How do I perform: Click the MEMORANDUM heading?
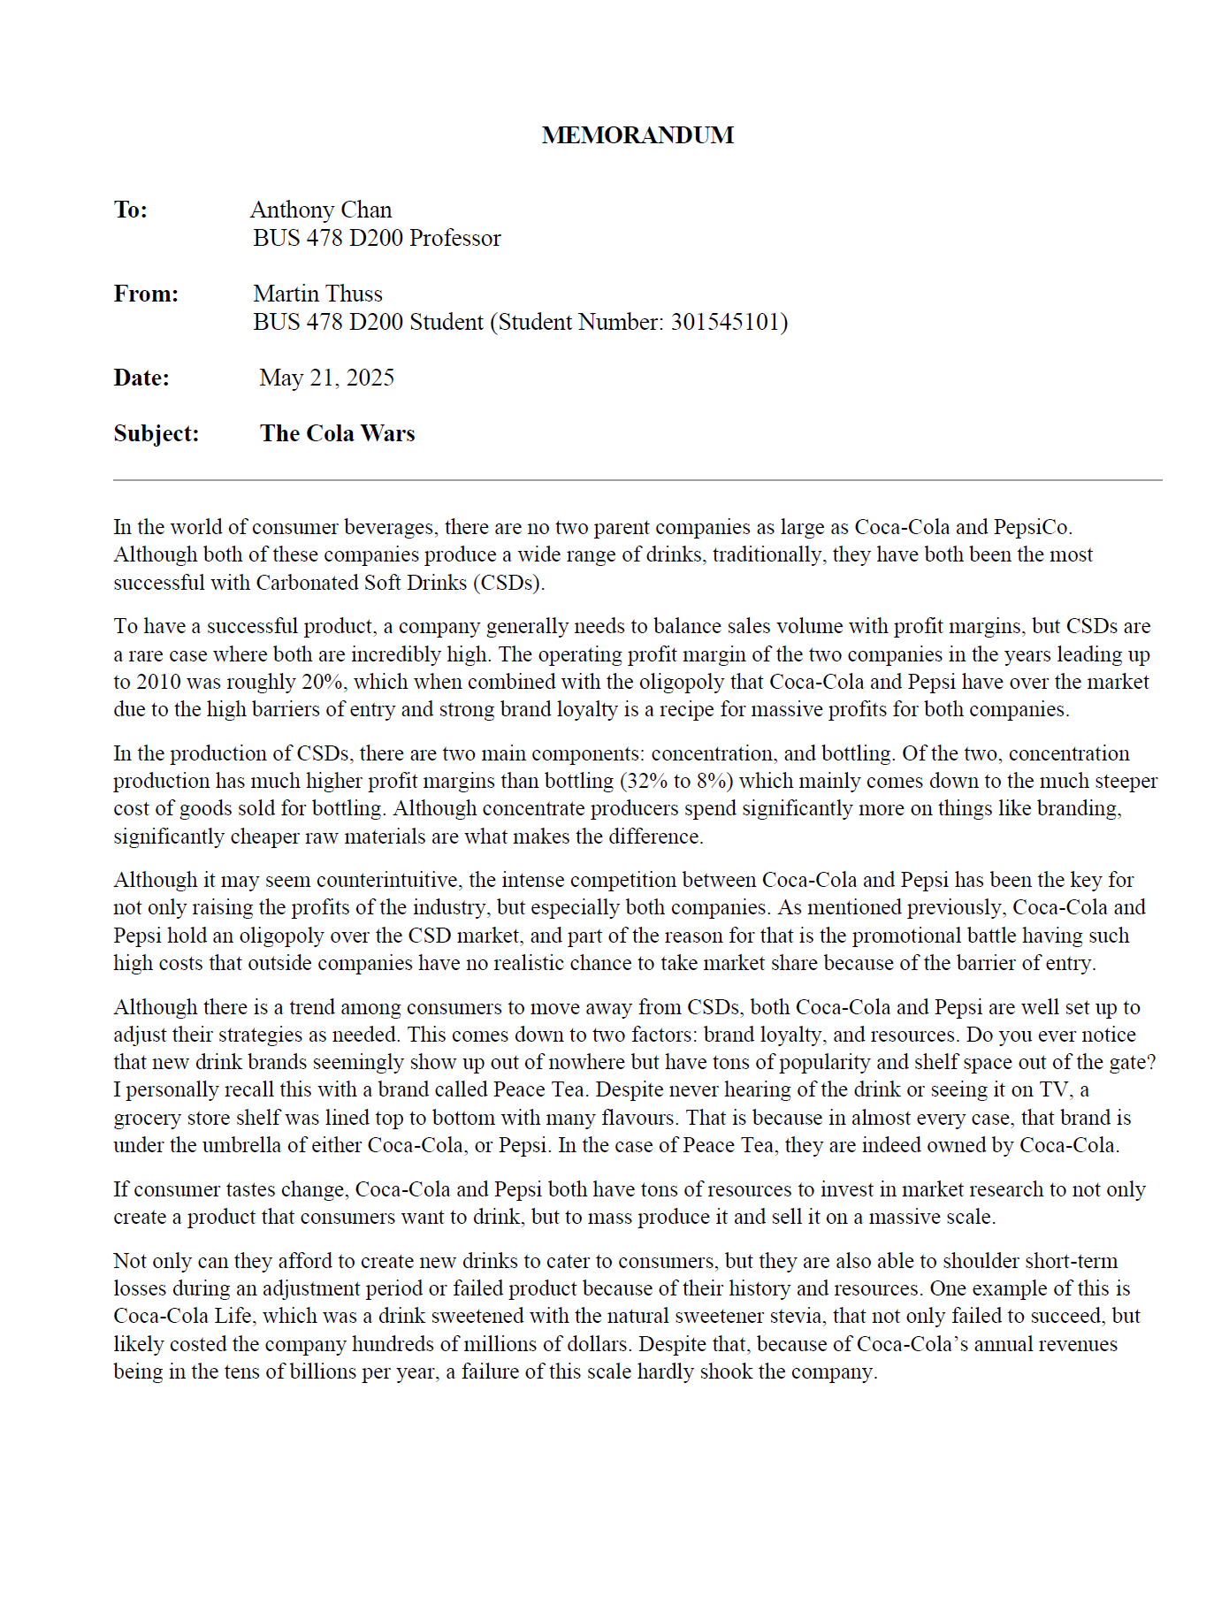pyautogui.click(x=637, y=135)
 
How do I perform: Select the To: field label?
pyautogui.click(x=131, y=210)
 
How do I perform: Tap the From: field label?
pyautogui.click(x=146, y=294)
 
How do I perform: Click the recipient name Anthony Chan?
pyautogui.click(x=321, y=210)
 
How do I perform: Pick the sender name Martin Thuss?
pyautogui.click(x=317, y=294)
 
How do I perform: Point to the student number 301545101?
pyautogui.click(x=725, y=322)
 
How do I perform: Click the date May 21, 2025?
pyautogui.click(x=327, y=378)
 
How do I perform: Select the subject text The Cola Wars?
pyautogui.click(x=337, y=433)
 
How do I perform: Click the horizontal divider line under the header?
pyautogui.click(x=637, y=480)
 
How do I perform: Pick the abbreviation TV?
pyautogui.click(x=1055, y=1089)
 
